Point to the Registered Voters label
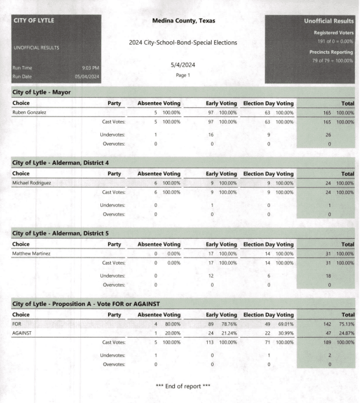click(329, 28)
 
